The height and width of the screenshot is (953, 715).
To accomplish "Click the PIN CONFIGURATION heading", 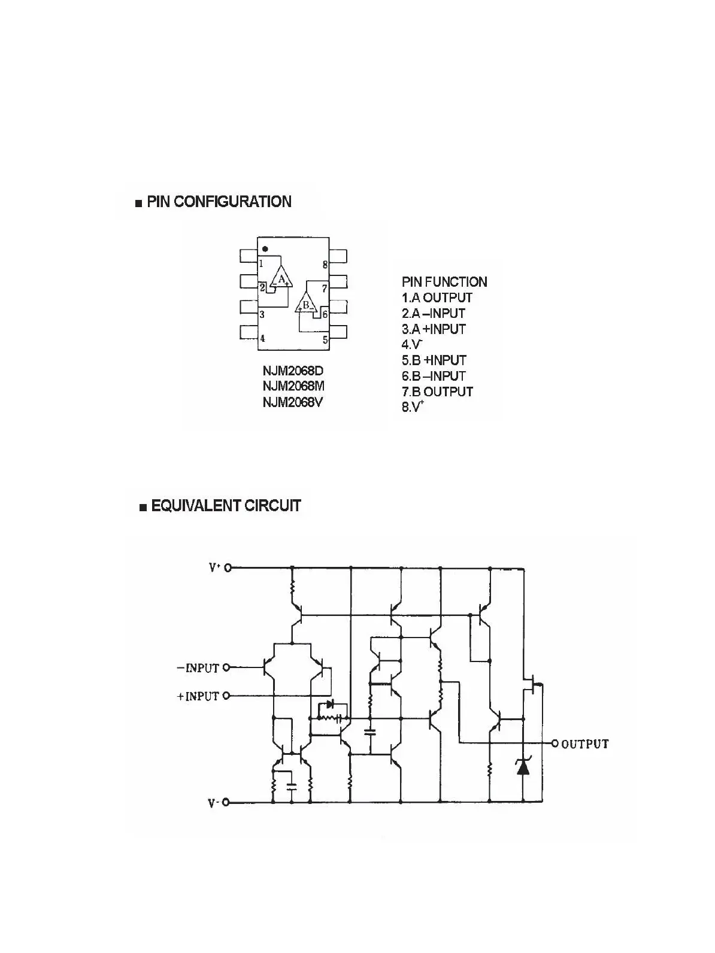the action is [219, 202].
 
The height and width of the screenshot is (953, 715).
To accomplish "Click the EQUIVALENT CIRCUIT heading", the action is [225, 506].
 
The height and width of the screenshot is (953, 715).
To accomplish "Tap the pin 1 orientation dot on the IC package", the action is [265, 248].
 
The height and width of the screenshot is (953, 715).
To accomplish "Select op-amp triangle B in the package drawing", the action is [305, 304].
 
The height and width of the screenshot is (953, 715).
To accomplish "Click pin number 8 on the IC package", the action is [325, 265].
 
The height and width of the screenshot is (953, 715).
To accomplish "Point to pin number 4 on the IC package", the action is [262, 339].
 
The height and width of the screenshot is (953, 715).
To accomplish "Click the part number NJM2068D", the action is [293, 372].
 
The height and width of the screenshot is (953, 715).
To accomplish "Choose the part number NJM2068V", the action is [293, 402].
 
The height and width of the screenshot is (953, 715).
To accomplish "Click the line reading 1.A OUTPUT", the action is [437, 298].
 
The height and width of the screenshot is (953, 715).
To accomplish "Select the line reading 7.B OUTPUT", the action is [438, 391].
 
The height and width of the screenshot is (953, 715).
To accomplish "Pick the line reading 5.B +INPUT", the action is [434, 360].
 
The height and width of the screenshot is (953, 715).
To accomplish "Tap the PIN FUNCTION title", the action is [444, 282].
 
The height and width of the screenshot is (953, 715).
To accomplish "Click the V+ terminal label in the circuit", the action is [215, 567].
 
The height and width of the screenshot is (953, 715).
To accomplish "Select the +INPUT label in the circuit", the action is [198, 696].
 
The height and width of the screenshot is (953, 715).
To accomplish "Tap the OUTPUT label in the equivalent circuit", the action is [585, 744].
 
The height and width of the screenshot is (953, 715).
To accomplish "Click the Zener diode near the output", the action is [523, 767].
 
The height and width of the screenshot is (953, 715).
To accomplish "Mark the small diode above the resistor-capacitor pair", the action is [329, 705].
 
